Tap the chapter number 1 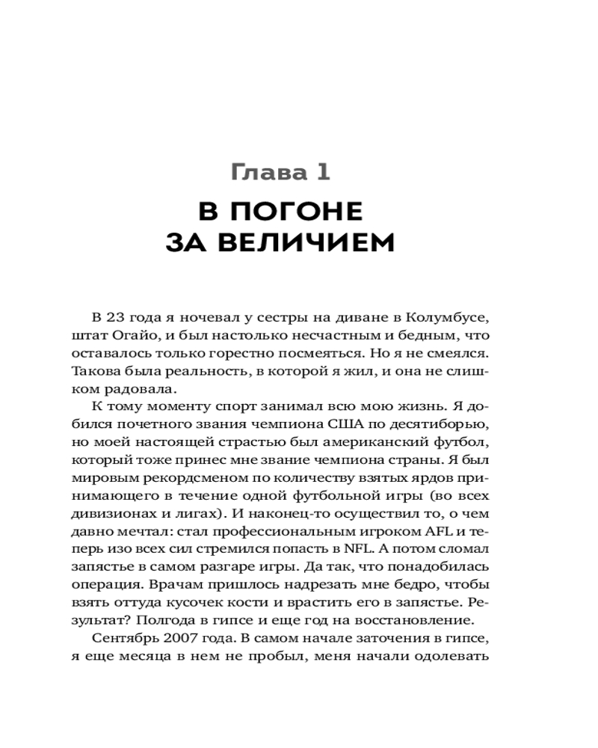[321, 174]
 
